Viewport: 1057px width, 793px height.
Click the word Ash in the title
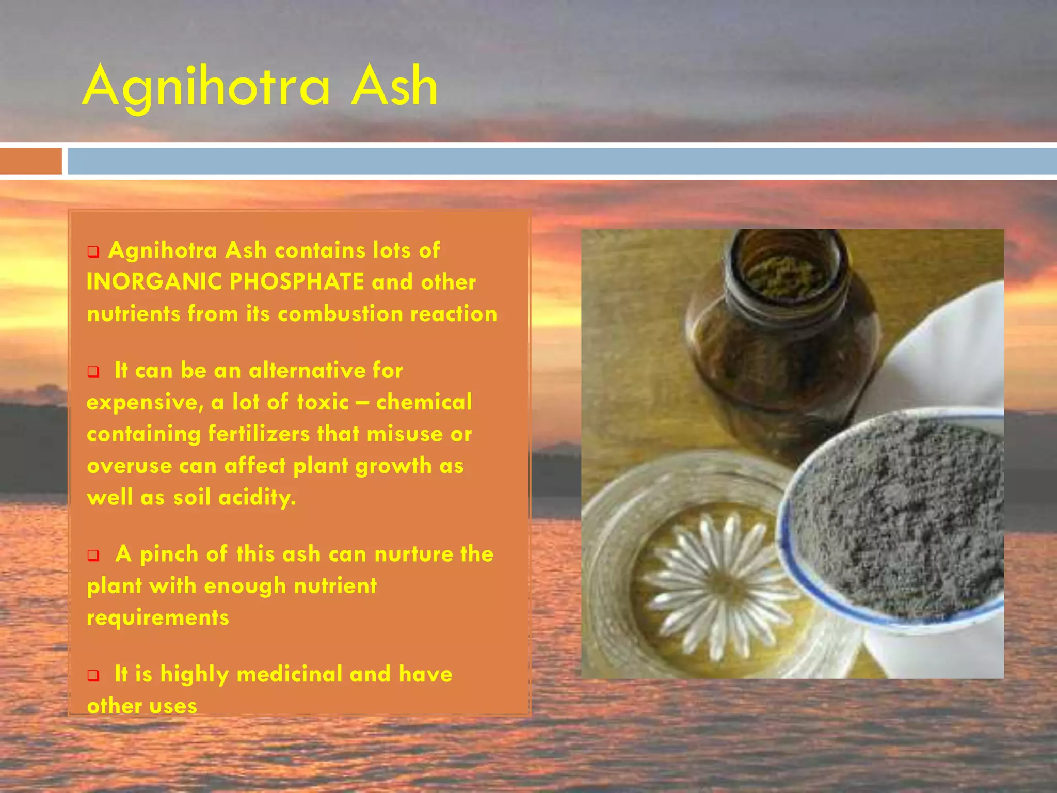[394, 86]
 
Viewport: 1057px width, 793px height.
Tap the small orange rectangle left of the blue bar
[30, 161]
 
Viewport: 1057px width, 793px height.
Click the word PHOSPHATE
[297, 282]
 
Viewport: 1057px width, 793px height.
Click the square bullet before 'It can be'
[93, 372]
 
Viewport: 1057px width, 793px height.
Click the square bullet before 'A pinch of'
[93, 556]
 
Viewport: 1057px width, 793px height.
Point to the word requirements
[157, 618]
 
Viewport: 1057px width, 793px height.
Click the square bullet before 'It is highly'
[93, 676]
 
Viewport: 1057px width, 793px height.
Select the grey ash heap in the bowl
[898, 516]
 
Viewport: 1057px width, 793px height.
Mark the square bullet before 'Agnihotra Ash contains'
[93, 252]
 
